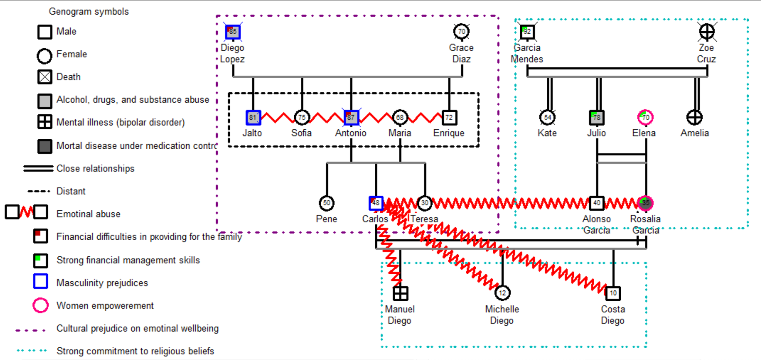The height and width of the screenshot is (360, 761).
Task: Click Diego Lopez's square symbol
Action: (233, 32)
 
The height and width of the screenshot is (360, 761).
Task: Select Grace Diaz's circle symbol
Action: (462, 32)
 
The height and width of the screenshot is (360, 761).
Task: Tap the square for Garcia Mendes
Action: (527, 32)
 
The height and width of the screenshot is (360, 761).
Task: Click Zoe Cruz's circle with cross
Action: (707, 32)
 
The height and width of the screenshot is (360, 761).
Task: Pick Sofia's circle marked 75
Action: (302, 117)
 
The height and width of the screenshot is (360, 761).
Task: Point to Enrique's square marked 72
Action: (449, 117)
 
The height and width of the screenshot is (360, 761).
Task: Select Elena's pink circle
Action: (645, 117)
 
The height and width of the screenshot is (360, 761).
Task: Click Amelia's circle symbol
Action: (695, 117)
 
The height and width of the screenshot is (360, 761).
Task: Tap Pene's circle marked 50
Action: (327, 203)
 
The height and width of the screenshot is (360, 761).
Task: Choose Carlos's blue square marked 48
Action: (376, 203)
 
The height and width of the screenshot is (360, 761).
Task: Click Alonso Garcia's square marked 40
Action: (597, 203)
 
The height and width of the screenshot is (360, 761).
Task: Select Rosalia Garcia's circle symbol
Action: (645, 203)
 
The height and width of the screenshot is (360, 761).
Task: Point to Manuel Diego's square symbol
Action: (400, 293)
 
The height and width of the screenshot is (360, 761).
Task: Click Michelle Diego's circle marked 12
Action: (502, 293)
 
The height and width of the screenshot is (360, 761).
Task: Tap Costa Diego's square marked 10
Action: (613, 293)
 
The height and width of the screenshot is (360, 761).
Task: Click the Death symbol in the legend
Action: (45, 77)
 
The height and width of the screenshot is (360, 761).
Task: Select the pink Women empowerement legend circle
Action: (41, 306)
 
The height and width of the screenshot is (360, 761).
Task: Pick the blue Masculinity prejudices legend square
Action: (41, 281)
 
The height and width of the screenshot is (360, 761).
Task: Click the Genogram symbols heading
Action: (89, 11)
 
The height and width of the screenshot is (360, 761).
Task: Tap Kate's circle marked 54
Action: (547, 117)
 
